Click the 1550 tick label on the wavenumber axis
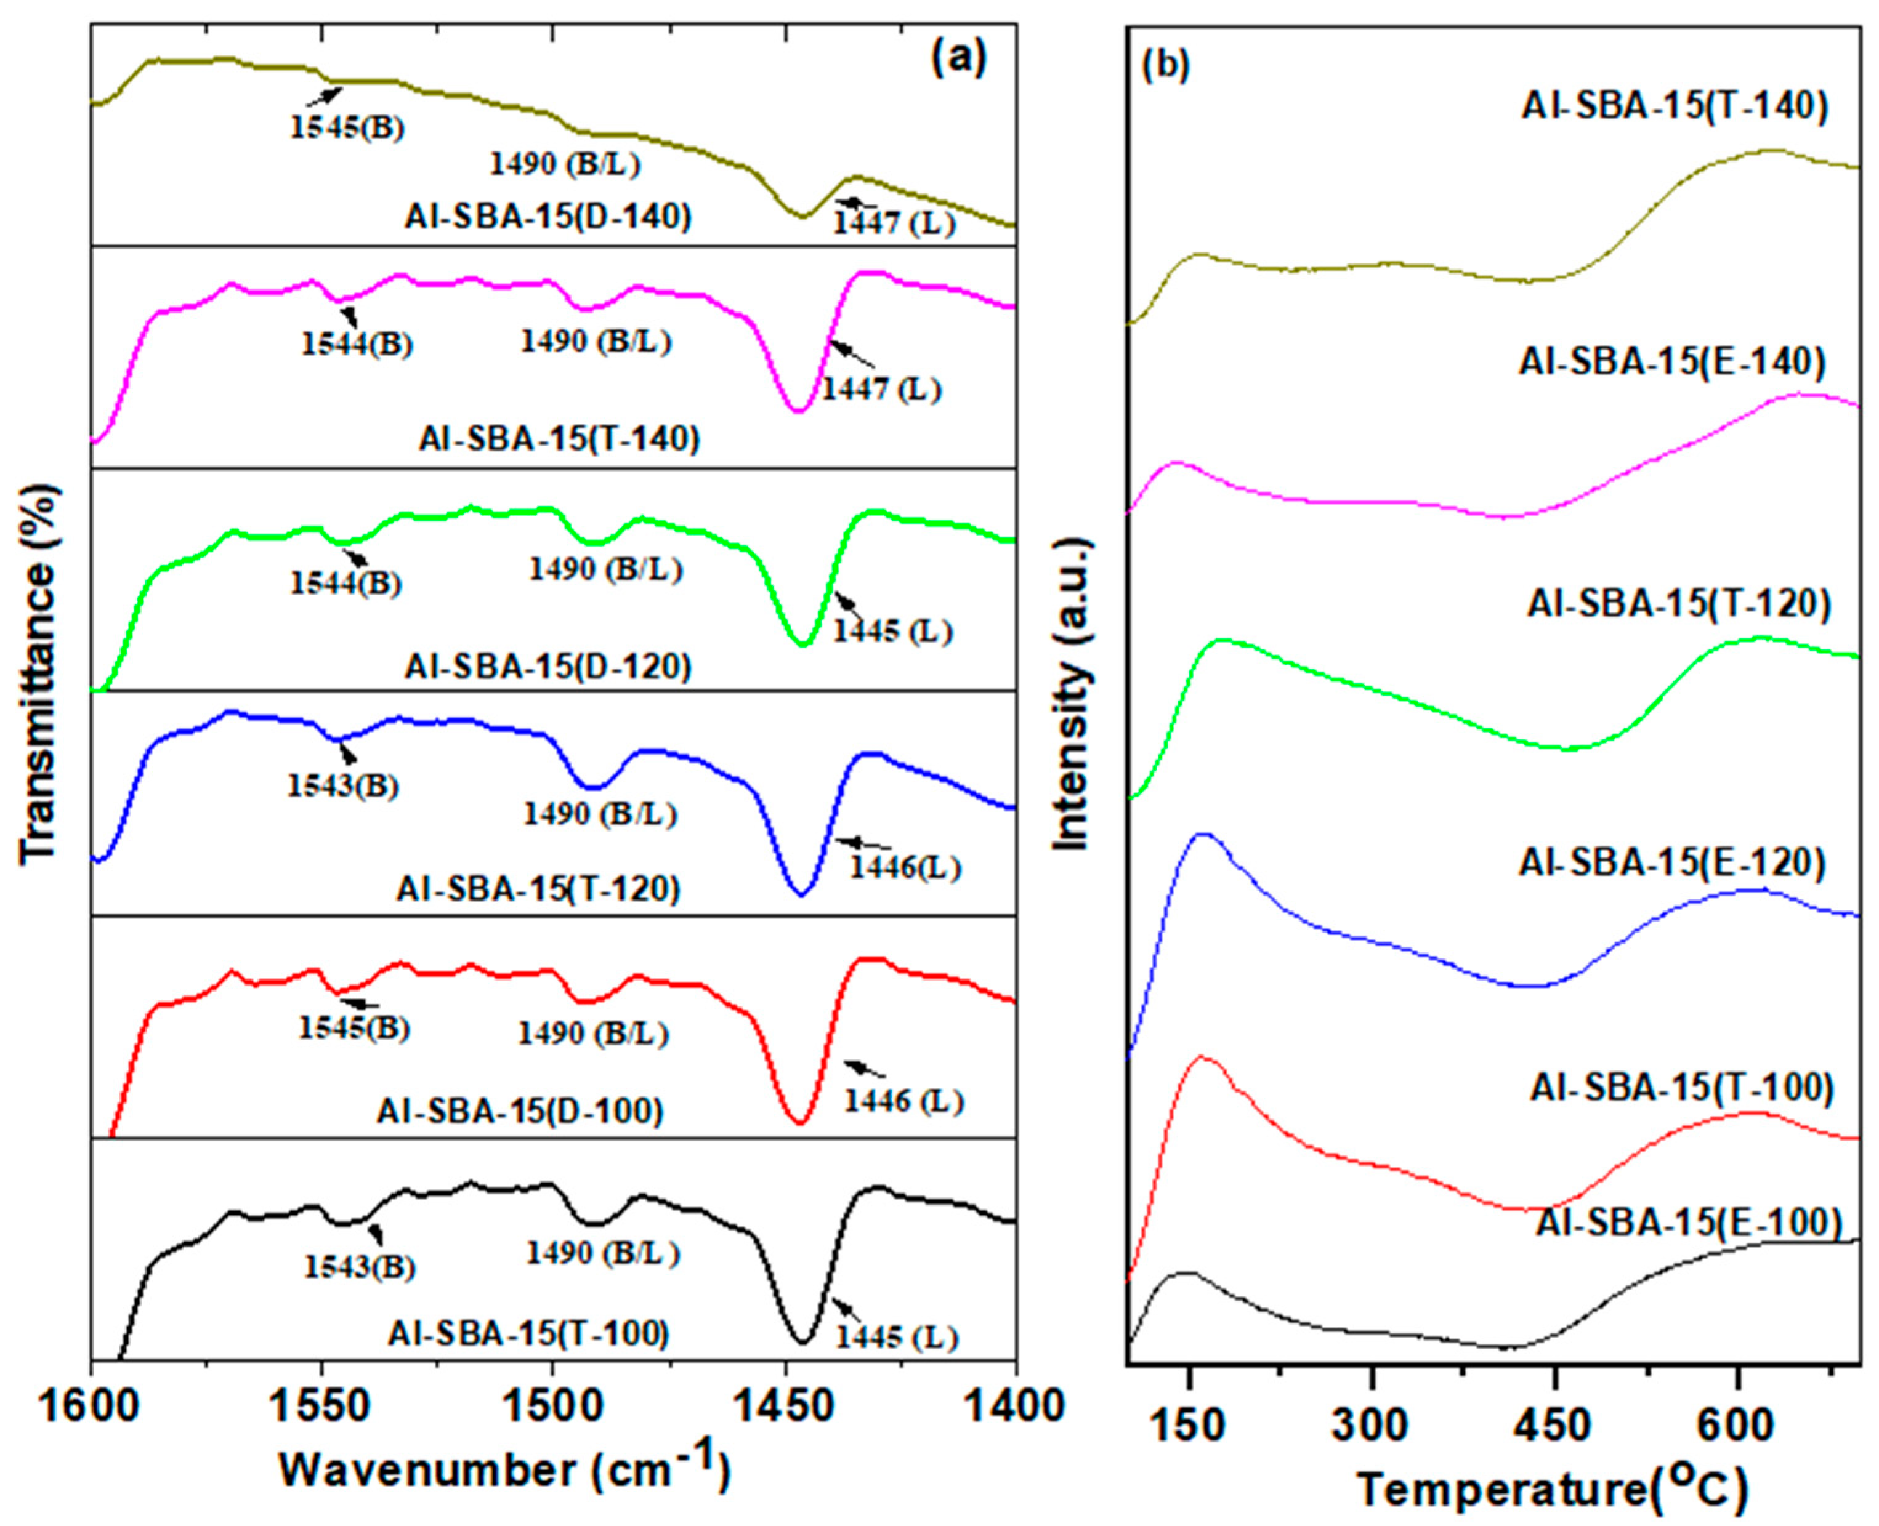tap(322, 1407)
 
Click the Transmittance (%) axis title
tap(39, 672)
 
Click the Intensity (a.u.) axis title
tap(1072, 694)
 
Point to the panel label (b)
tap(1165, 66)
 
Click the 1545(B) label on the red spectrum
tap(354, 1027)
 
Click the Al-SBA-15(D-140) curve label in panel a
tap(549, 216)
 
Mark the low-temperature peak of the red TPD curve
tap(1201, 1058)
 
